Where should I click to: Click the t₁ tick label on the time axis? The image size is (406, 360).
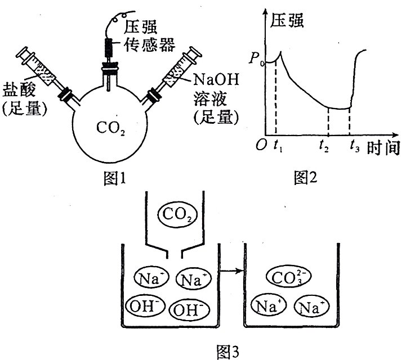point(277,147)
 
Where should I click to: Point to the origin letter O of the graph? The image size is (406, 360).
point(261,146)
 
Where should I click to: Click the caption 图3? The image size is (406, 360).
point(227,352)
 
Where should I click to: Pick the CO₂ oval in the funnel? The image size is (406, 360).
point(175,214)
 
